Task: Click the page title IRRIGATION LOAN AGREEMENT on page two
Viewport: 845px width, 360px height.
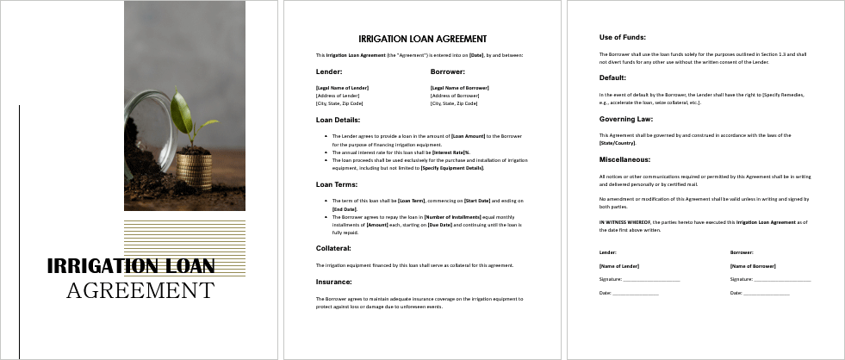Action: pyautogui.click(x=422, y=39)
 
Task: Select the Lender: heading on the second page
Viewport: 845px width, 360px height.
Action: pyautogui.click(x=329, y=71)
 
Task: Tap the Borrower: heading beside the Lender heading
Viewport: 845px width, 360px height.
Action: pyautogui.click(x=447, y=71)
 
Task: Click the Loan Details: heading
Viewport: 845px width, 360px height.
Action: pyautogui.click(x=338, y=120)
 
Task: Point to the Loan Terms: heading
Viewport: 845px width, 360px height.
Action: pyautogui.click(x=336, y=184)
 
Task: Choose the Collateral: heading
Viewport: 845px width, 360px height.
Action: pyautogui.click(x=332, y=248)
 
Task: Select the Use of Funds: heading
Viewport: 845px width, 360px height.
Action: pyautogui.click(x=623, y=36)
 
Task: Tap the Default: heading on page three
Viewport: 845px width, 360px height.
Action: pyautogui.click(x=612, y=77)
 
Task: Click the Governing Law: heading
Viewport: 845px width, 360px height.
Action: pyautogui.click(x=626, y=118)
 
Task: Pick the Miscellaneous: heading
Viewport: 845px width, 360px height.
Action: pyautogui.click(x=624, y=159)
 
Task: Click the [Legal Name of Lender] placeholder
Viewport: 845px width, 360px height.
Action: pyautogui.click(x=342, y=88)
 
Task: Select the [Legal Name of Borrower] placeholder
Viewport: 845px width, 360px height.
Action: pyautogui.click(x=459, y=88)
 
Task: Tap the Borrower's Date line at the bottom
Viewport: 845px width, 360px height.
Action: pyautogui.click(x=766, y=293)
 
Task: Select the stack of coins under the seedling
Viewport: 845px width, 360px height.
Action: pyautogui.click(x=194, y=170)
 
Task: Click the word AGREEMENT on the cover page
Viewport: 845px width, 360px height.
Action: pyautogui.click(x=140, y=290)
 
